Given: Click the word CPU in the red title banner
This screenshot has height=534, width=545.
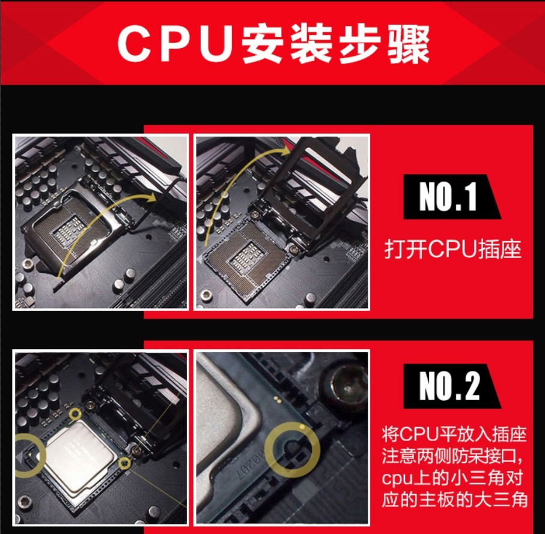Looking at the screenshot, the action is [175, 44].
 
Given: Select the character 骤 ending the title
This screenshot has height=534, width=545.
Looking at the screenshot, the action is [408, 44].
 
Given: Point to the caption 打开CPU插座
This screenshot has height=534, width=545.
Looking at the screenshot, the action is [453, 248].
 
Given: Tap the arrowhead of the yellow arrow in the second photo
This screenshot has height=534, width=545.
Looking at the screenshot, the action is [285, 150].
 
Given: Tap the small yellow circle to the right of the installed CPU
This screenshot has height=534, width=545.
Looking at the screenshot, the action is [124, 463].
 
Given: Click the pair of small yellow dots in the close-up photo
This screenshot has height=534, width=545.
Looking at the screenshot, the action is [278, 400].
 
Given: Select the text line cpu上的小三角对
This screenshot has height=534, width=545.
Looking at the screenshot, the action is [452, 478].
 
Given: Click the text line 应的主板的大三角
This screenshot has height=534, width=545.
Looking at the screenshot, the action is [455, 500].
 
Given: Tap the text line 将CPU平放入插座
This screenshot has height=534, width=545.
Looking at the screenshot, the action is [454, 435].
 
